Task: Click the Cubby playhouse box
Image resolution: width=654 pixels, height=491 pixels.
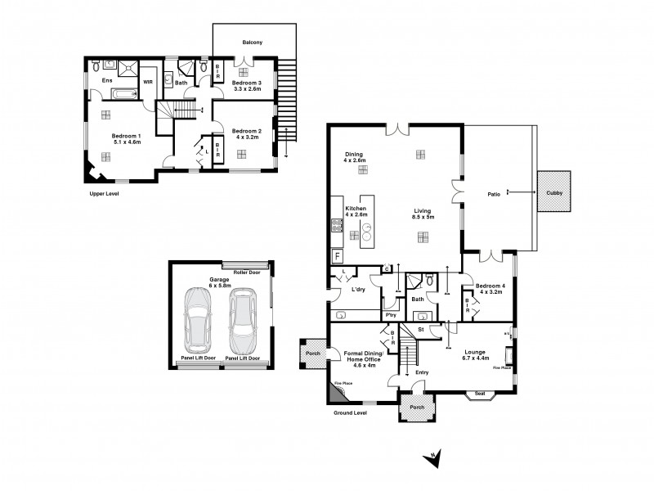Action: [554, 194]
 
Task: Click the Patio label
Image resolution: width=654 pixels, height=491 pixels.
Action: [494, 195]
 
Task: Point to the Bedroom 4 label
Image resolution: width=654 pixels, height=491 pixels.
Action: [492, 285]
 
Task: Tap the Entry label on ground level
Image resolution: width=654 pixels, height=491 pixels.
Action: [422, 372]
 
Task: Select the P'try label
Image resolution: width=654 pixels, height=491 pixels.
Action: [391, 314]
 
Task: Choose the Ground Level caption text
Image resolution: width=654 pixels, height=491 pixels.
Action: [351, 413]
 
